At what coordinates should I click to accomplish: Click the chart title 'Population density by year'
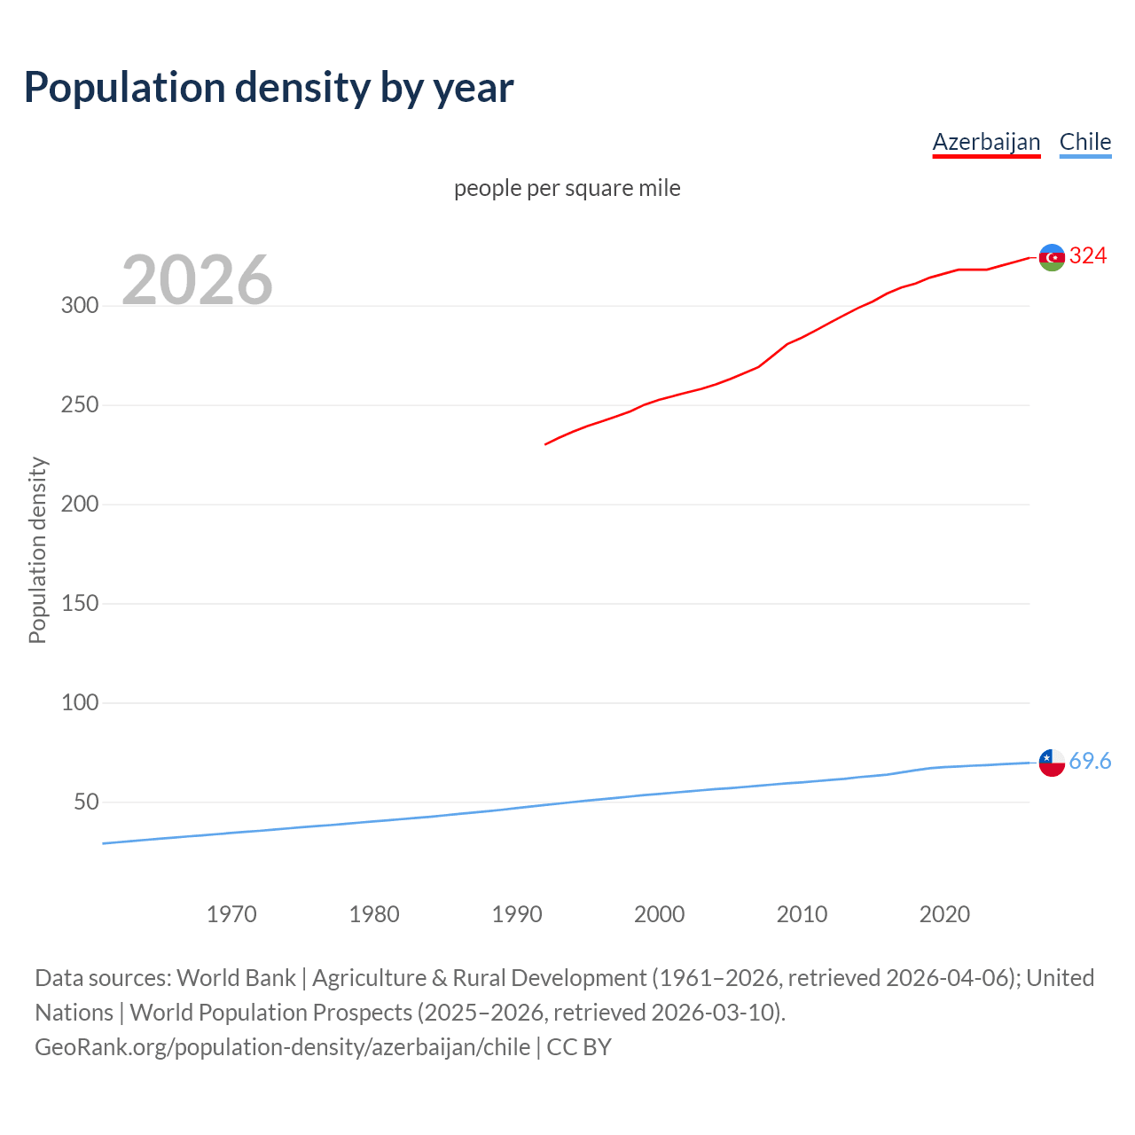(269, 87)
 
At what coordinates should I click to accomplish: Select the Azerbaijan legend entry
(986, 142)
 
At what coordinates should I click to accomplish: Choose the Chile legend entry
(1084, 142)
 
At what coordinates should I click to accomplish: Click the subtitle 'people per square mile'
(567, 188)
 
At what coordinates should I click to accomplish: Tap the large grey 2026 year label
(197, 280)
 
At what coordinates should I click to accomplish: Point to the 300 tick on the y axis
(80, 306)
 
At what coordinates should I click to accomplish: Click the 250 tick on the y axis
(80, 405)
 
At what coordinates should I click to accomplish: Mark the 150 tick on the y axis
(80, 604)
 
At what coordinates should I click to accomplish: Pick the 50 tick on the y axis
(86, 802)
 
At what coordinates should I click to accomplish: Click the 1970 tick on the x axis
(231, 914)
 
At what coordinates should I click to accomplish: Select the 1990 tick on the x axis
(517, 914)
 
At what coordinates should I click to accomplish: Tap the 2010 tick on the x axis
(802, 914)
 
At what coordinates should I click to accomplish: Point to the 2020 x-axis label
(944, 914)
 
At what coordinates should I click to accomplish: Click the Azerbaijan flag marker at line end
(1052, 257)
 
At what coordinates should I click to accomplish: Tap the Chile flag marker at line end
(1052, 763)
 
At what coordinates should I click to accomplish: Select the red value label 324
(1088, 256)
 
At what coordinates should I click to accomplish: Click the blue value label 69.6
(1090, 762)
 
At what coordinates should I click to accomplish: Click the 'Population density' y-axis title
(37, 550)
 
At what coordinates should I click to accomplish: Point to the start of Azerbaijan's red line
(546, 443)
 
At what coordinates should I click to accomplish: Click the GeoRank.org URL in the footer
(282, 1047)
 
